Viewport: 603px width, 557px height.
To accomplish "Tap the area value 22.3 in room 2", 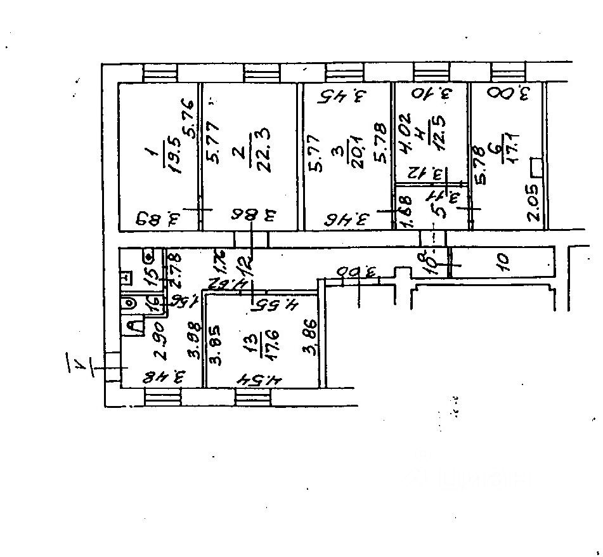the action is [x=258, y=152].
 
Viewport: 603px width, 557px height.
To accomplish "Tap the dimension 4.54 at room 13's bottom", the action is [x=261, y=380].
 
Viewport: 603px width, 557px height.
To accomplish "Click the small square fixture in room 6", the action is [x=537, y=167].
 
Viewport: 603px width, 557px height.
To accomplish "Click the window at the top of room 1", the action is [x=160, y=72].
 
